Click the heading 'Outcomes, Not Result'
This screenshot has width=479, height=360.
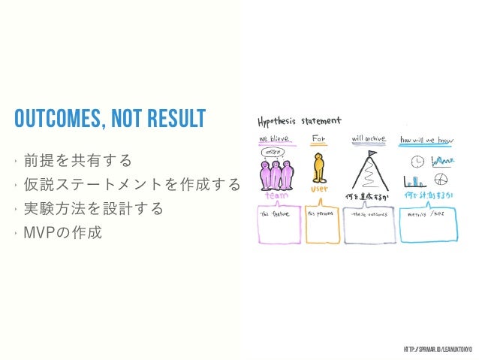coord(110,118)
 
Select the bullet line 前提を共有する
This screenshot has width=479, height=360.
coord(78,160)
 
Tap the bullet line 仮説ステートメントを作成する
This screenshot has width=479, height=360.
coord(132,184)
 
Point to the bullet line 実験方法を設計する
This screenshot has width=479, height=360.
coord(94,208)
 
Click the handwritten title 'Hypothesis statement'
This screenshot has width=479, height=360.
coord(300,121)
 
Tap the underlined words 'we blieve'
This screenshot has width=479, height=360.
coord(273,140)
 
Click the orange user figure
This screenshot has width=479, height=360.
coord(319,168)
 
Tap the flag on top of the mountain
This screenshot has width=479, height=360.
coord(371,154)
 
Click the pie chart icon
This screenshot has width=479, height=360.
coord(442,179)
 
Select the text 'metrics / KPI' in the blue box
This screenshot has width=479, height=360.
coord(424,213)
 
